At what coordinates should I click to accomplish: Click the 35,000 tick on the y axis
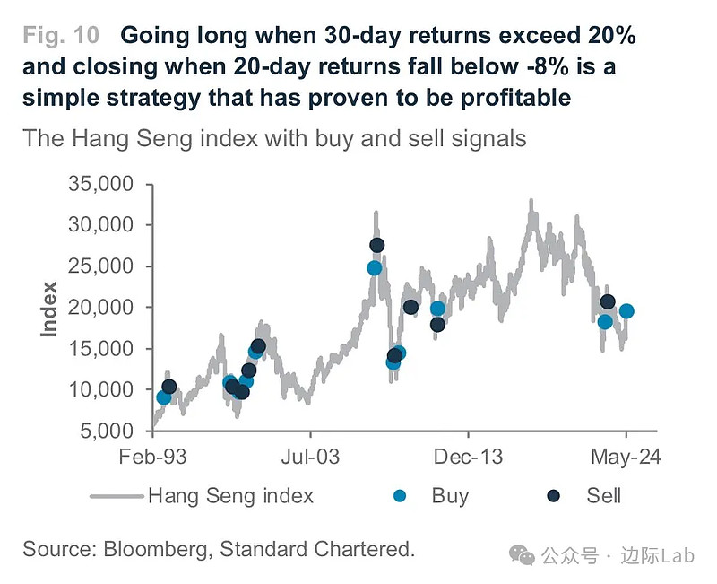tap(101, 184)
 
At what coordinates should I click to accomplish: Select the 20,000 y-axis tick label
tap(101, 308)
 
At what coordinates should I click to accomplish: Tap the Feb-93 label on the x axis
tap(153, 458)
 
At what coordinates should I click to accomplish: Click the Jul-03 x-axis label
tap(310, 458)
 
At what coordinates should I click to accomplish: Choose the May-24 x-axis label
tap(626, 458)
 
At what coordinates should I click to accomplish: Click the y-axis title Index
tap(49, 309)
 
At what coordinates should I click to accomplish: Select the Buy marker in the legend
tap(401, 495)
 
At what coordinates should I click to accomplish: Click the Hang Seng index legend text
tap(230, 495)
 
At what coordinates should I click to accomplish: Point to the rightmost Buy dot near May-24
tap(627, 311)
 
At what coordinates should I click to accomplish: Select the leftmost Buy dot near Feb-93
tap(163, 397)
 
